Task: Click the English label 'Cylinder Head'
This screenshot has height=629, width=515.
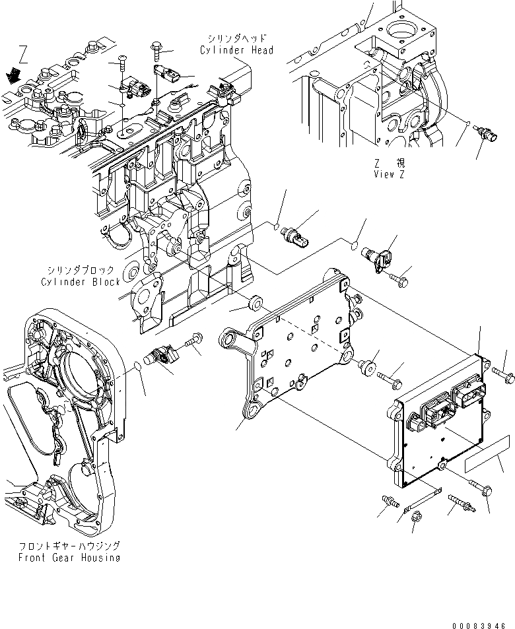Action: coord(237,50)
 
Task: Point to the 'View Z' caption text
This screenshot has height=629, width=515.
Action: coord(388,174)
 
